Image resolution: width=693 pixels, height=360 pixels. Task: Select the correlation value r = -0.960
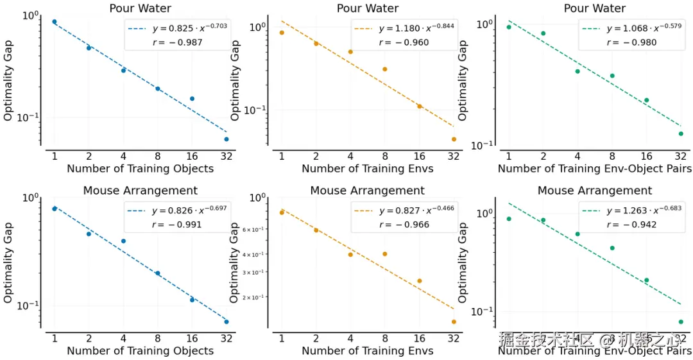[x=404, y=42]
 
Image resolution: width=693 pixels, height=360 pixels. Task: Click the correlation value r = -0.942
[x=630, y=225]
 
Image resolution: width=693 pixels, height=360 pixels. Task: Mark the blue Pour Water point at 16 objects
[x=192, y=99]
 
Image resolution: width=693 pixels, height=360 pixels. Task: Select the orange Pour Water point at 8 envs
[x=385, y=69]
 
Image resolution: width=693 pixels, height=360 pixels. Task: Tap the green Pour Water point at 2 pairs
[x=543, y=33]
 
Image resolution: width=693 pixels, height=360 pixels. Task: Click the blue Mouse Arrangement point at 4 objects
[x=123, y=241]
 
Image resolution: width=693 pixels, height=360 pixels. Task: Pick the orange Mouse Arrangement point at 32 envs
[x=454, y=321]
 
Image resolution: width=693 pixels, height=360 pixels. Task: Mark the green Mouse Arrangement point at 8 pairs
[x=612, y=248]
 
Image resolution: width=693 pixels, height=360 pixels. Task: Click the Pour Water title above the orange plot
[x=368, y=8]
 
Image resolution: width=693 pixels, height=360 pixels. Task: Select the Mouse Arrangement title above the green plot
[x=595, y=191]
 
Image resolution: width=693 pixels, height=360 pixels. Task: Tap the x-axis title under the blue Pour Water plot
[x=140, y=169]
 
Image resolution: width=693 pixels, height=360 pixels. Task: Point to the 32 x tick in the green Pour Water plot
[x=681, y=156]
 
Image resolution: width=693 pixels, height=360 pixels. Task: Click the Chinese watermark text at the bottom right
[x=594, y=338]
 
